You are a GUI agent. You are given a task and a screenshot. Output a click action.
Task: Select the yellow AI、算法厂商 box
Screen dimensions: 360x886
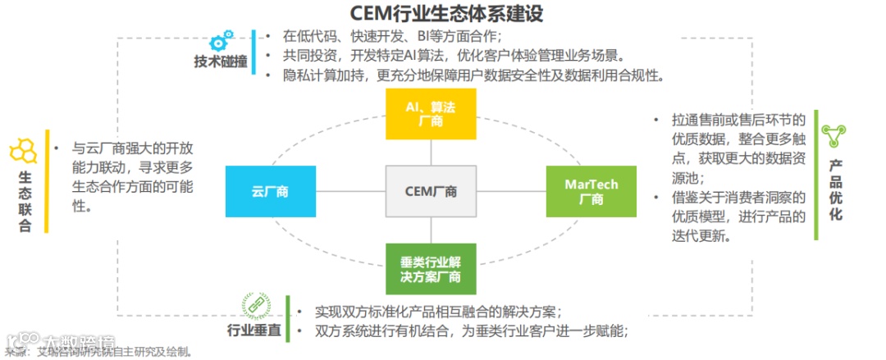(430, 115)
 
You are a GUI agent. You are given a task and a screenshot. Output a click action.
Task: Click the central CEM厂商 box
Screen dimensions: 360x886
(431, 191)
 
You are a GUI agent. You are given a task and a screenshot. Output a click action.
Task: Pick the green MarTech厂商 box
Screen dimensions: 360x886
(591, 191)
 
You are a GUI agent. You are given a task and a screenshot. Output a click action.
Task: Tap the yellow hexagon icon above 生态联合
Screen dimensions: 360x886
(23, 151)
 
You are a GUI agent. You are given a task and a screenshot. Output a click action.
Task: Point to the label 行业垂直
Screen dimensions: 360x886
(254, 331)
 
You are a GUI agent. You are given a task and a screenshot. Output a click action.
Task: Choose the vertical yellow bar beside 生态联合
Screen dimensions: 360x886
(48, 180)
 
